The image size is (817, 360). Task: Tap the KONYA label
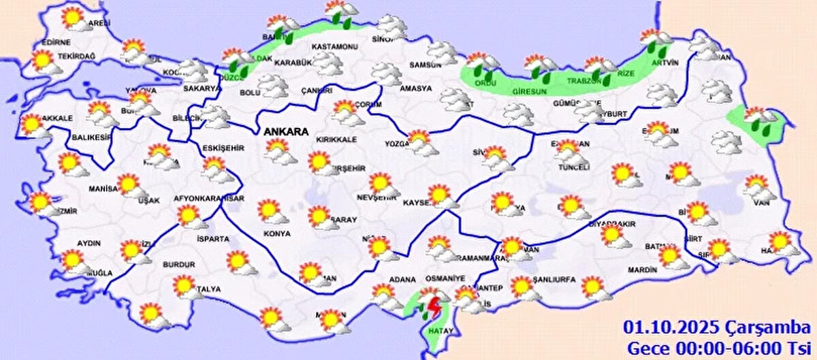coord(276,233)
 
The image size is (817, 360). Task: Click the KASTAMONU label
coord(334,46)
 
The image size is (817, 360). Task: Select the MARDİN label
coord(642,269)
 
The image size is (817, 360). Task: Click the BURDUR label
coord(178,264)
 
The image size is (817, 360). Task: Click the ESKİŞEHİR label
coord(223,148)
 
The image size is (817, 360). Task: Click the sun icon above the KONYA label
coord(270,210)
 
